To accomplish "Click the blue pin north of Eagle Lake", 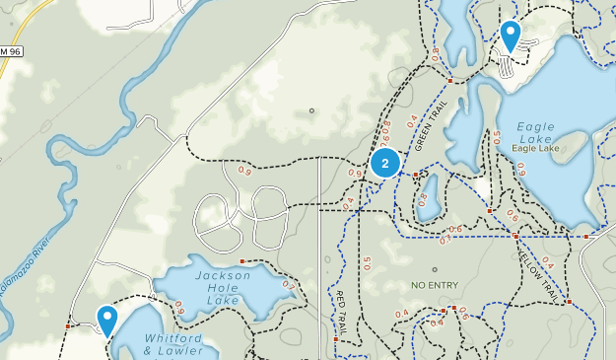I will click(510, 36).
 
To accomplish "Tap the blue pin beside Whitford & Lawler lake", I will click(107, 319).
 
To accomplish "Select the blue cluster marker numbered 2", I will click(384, 162).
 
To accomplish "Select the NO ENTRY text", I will click(435, 285).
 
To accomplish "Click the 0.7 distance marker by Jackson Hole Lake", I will click(288, 286).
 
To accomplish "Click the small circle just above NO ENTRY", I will click(434, 269).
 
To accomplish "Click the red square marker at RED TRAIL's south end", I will click(336, 339).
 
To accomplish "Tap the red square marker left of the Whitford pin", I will click(69, 325).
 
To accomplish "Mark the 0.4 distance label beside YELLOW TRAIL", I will click(547, 262).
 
